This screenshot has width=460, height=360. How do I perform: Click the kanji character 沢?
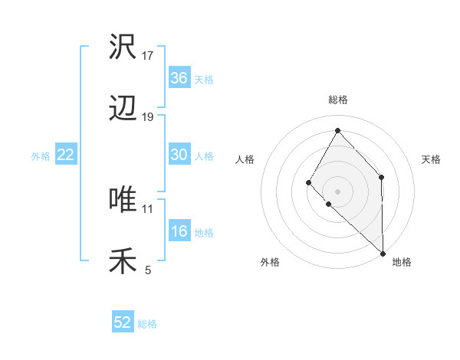123,47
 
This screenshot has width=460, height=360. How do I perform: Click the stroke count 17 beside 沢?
148,55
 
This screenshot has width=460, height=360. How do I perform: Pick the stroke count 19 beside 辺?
148,117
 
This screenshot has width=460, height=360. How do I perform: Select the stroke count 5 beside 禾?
148,270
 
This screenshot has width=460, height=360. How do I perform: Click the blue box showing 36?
179,77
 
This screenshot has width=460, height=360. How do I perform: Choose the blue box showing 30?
179,155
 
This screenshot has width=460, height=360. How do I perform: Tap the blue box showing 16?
179,231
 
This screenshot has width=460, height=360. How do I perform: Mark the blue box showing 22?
65,155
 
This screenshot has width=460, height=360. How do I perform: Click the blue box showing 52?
123,322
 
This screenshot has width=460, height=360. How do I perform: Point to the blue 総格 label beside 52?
147,324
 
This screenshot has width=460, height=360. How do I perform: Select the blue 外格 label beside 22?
41,156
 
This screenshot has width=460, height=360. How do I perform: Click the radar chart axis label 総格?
337,100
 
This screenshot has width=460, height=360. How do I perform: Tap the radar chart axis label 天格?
431,159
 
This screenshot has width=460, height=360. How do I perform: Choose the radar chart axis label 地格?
402,263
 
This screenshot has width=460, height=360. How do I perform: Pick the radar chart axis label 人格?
245,159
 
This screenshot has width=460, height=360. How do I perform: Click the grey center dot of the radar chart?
337,191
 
